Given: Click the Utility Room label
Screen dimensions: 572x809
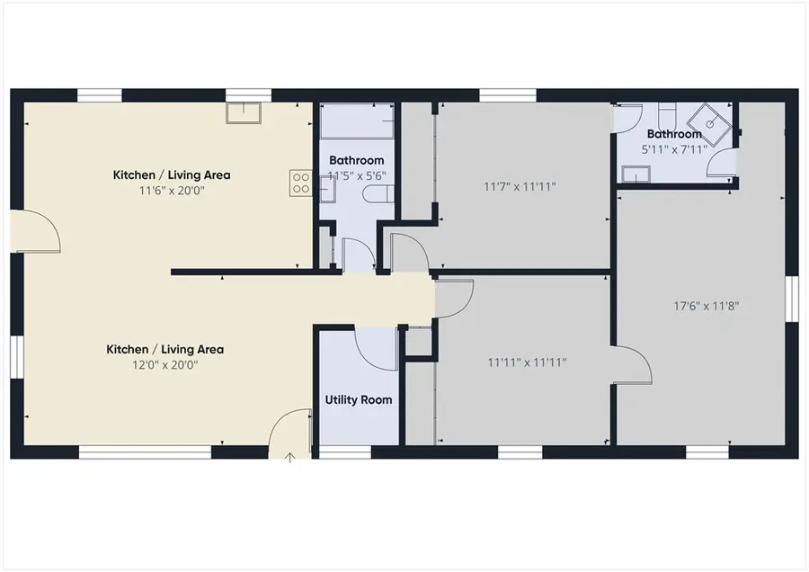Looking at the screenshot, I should [358, 399].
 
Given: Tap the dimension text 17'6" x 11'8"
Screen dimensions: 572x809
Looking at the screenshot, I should [706, 305].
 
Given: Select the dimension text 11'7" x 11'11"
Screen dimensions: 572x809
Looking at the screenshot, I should [520, 187].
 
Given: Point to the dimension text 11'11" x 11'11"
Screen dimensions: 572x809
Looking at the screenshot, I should [526, 362].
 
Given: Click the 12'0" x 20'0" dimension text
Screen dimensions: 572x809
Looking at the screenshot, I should [165, 365].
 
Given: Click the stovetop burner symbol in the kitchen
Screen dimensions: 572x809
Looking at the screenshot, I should [299, 183].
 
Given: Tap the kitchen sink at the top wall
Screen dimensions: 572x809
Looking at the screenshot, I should [244, 112].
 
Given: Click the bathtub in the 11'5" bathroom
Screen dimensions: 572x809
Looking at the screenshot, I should [358, 120].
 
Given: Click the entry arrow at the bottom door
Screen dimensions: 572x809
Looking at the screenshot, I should [290, 458].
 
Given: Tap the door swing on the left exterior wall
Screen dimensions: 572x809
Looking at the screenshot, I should [41, 230].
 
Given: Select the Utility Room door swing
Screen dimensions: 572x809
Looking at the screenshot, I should [376, 346].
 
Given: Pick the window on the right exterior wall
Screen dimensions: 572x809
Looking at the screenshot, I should [791, 298].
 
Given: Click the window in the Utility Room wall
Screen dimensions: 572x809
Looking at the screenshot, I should [345, 452].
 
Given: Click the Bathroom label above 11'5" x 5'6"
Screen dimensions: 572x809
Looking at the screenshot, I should [357, 161].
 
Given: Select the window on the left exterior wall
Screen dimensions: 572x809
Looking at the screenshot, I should [15, 357].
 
